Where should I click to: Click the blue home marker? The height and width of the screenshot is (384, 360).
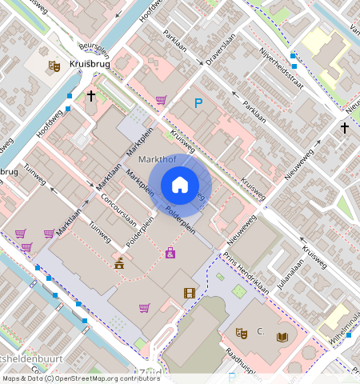coord(180,185)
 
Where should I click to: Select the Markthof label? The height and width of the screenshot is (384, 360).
coord(156,160)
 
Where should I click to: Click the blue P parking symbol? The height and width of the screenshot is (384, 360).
coord(198,102)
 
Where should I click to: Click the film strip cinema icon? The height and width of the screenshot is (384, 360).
coord(189,294)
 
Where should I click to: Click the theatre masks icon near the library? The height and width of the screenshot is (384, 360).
coord(241,332)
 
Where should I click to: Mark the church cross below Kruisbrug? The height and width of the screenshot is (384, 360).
coord(90,96)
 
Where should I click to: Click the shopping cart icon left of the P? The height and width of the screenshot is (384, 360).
coord(161,100)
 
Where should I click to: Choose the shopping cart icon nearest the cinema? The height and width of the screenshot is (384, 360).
coord(144,307)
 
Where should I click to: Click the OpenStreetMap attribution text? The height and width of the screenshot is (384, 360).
coord(81,378)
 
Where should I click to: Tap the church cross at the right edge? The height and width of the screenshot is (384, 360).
coord(345,127)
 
